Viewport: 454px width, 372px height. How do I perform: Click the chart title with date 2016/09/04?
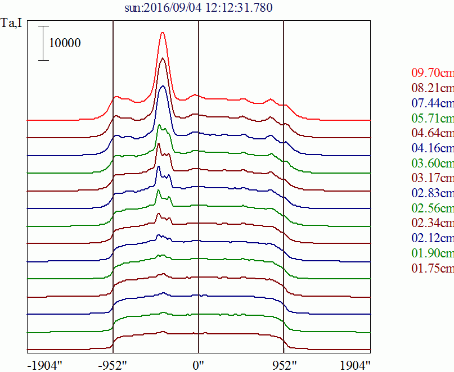(x=199, y=8)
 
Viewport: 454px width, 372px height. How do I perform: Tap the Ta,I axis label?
(x=12, y=24)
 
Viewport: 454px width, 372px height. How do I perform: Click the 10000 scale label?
(x=65, y=43)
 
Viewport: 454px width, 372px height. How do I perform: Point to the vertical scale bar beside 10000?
(x=44, y=43)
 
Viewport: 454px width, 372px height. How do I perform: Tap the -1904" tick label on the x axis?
(x=45, y=365)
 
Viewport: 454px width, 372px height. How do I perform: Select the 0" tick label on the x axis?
(x=199, y=365)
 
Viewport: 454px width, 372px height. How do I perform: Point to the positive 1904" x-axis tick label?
(x=355, y=365)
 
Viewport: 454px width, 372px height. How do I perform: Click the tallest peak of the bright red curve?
(x=163, y=33)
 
